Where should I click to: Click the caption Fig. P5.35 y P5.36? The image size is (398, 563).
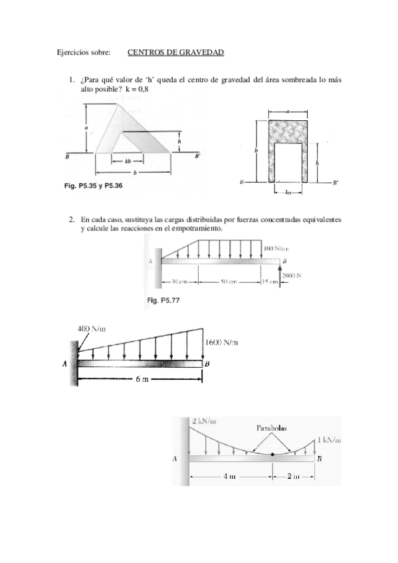(x=92, y=187)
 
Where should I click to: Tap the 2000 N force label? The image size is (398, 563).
(x=292, y=276)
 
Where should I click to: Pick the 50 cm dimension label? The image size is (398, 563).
(x=229, y=281)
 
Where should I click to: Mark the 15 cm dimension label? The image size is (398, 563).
(x=270, y=281)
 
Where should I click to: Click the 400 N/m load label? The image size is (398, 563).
(x=92, y=328)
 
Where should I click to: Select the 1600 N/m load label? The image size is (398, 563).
(x=221, y=343)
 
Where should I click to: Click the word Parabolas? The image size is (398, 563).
(x=272, y=428)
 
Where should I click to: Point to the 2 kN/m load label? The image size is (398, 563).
(x=205, y=421)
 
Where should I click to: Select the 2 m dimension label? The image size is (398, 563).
(x=292, y=476)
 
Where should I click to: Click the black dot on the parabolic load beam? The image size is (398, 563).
(x=273, y=454)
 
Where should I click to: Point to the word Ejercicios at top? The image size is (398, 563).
(x=74, y=52)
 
